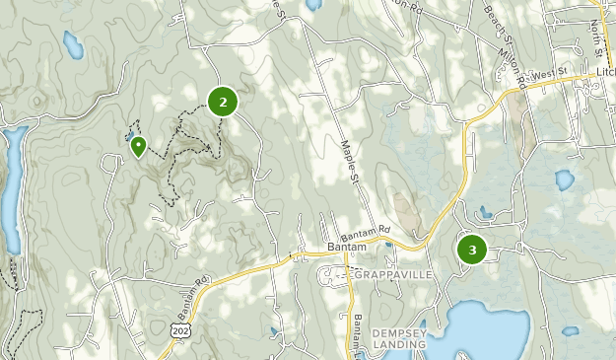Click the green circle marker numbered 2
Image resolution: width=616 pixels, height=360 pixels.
pos(224,101)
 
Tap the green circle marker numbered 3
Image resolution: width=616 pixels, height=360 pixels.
pos(472,250)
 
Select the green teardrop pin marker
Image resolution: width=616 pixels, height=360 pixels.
pos(139,147)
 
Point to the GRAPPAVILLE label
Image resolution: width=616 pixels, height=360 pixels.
pos(394,273)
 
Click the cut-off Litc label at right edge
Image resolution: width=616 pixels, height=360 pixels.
pos(604,73)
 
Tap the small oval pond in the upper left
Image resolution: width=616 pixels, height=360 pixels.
pos(72,42)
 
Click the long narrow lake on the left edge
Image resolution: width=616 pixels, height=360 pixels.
pos(9,187)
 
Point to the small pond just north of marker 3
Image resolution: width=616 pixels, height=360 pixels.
pos(484,211)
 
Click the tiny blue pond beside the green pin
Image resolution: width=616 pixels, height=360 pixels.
pos(129,137)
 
